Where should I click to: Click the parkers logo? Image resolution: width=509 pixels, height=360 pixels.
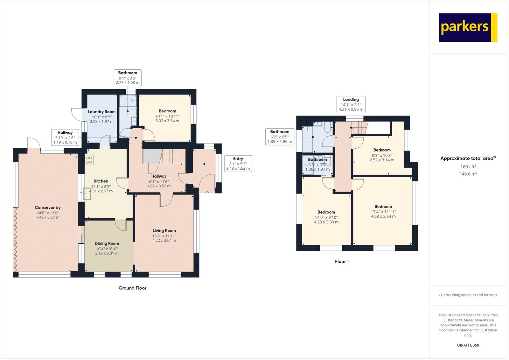pos(468,27)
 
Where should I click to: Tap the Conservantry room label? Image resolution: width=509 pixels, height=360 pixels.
pos(48,208)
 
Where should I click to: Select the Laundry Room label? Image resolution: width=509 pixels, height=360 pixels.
pos(101,112)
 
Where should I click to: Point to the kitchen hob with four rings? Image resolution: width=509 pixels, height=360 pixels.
pos(89,160)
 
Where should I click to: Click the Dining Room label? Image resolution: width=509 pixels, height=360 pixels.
pos(107,243)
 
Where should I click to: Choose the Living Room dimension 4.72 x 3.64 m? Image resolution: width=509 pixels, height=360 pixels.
pos(164,240)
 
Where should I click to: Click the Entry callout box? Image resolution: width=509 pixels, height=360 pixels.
pos(238,164)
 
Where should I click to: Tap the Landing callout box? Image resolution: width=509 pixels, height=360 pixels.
pos(351,104)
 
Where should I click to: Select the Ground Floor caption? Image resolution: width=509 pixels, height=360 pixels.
pos(132,288)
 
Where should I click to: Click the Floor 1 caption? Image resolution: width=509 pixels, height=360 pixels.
pos(342,262)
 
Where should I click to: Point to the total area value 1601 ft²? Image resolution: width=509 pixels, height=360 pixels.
pos(468,166)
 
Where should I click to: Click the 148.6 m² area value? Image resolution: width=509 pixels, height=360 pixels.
pos(468,174)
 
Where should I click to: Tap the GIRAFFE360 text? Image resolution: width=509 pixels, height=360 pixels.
pos(468,345)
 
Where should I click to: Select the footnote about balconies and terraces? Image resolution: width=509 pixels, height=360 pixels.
pos(468,295)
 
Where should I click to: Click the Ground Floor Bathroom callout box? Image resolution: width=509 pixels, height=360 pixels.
pos(128,78)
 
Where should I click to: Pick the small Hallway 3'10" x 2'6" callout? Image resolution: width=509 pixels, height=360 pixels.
pos(65,138)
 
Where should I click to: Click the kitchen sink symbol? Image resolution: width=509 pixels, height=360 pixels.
pos(87,194)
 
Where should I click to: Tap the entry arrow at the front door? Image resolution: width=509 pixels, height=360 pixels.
pos(207,192)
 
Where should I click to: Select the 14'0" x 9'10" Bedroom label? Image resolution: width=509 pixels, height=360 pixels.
pos(326,217)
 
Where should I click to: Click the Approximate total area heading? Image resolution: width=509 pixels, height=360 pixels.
pos(468,158)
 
